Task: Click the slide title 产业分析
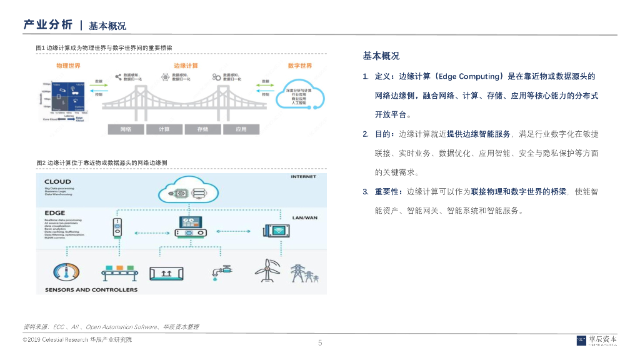tap(47, 25)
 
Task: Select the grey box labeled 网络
tap(126, 129)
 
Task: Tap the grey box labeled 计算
tap(164, 129)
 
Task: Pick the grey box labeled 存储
tap(202, 129)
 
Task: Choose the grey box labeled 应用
tap(241, 129)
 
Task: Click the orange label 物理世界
tap(67, 66)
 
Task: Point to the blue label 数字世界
tap(300, 66)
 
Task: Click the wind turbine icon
tap(266, 270)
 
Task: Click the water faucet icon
tap(221, 271)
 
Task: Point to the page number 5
tap(320, 342)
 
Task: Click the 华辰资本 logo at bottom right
tap(596, 341)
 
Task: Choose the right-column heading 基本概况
tap(381, 56)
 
